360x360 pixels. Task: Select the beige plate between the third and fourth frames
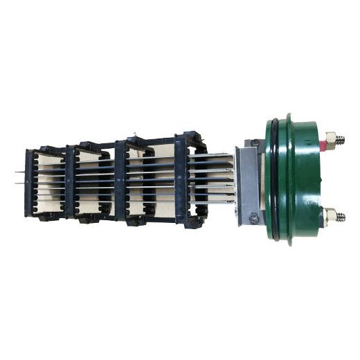[x=150, y=181]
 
